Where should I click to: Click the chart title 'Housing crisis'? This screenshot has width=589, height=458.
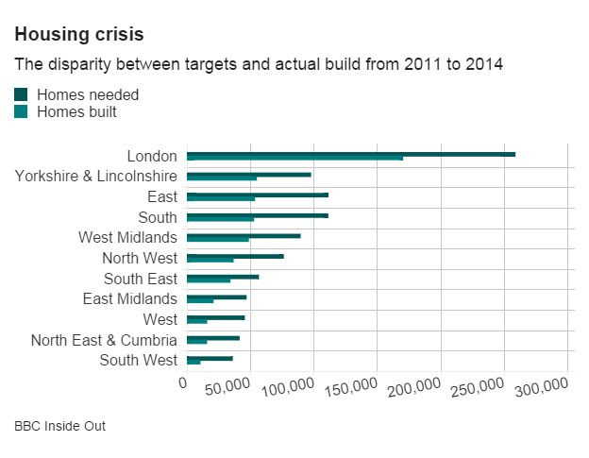(78, 35)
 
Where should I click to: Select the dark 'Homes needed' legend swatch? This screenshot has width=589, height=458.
(22, 94)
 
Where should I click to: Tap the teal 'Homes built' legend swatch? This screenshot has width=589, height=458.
(22, 112)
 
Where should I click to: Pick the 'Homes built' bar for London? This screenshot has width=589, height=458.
(294, 159)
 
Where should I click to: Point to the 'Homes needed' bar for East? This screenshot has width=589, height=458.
(258, 195)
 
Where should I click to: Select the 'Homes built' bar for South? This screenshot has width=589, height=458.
(220, 220)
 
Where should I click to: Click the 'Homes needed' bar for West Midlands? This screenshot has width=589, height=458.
(244, 236)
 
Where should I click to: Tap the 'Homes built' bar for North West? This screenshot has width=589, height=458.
(210, 261)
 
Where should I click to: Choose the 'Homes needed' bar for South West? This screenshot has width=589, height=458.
(210, 358)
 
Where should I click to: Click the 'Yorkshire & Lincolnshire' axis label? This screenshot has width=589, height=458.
(96, 176)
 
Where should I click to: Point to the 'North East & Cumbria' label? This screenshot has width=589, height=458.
(104, 340)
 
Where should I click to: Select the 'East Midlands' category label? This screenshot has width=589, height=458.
(130, 298)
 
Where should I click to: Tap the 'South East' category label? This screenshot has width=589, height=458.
(141, 279)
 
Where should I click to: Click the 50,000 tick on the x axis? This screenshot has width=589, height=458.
(227, 389)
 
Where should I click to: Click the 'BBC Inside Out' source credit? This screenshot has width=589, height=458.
(59, 426)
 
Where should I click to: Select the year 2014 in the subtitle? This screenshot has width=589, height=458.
(484, 65)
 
